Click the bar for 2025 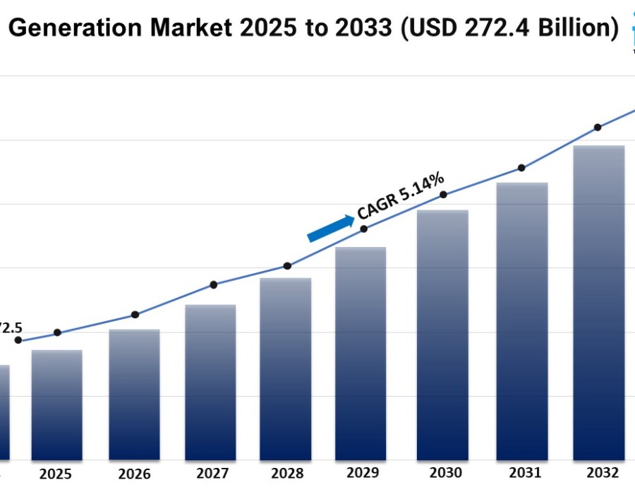(56, 405)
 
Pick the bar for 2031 (522, 322)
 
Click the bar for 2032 (598, 303)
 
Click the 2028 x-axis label (286, 474)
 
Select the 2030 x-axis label (445, 473)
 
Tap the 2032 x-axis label (602, 473)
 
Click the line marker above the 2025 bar (57, 332)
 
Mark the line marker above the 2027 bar (214, 284)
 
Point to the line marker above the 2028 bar (287, 266)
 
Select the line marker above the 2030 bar (443, 195)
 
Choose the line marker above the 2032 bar (598, 128)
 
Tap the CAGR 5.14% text (400, 195)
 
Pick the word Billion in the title (576, 28)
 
